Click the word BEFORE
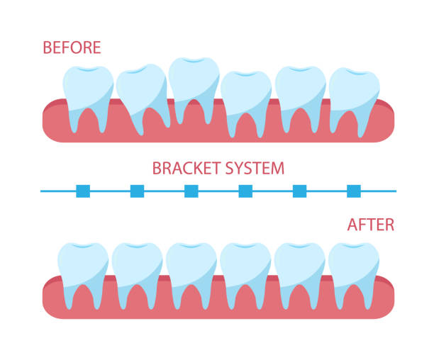point(72,47)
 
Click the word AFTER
point(371,225)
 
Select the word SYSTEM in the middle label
point(255,168)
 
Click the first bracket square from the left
point(83,191)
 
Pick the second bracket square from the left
point(138,191)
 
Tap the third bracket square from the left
point(191,191)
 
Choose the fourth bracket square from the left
point(245,191)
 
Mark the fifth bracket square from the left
point(299,191)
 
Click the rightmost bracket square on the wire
point(354,191)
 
